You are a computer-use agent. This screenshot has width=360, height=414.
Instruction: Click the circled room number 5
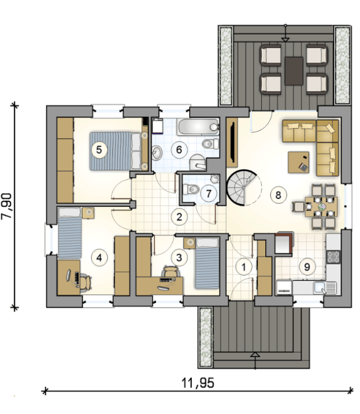pos(99,150)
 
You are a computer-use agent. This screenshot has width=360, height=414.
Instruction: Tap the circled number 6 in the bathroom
pos(179,150)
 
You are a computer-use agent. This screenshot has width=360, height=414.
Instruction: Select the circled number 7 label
pos(208,193)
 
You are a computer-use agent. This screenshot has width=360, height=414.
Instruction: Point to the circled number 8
pos(278,195)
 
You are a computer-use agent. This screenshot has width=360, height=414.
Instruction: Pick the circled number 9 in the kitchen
pos(307,267)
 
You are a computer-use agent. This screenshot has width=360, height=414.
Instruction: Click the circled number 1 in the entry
pos(244,267)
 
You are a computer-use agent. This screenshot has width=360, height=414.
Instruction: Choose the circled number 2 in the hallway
pos(179,217)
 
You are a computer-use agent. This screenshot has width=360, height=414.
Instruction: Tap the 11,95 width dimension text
pos(198,383)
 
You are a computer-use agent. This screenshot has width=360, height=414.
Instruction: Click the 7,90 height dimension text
pos(6,206)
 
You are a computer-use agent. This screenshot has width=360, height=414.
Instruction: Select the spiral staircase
pos(243,187)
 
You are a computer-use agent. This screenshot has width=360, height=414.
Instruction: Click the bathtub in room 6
pos(198,127)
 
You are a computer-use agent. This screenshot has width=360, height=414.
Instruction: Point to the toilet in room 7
pos(191,189)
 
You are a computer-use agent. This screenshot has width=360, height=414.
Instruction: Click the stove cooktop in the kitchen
pos(334,257)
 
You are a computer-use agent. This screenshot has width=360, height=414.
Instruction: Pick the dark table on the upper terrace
pos(294,71)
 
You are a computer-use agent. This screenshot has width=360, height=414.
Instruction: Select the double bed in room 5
pos(119,151)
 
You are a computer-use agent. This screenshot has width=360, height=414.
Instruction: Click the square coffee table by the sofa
pos(298,162)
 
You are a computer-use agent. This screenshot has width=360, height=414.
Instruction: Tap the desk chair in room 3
pos(170,272)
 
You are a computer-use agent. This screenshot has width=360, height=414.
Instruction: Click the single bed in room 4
pos(69,233)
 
